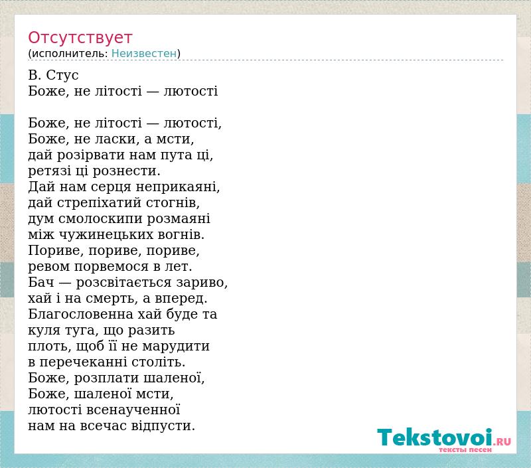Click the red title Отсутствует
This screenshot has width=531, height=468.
point(80,37)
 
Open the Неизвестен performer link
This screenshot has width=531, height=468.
point(144,54)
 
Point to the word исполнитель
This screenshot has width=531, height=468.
point(70,54)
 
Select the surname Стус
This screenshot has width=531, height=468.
point(62,75)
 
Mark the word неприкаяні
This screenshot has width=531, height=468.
point(178,187)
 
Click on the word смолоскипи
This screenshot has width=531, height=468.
point(101,219)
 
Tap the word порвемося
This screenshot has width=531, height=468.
point(111,266)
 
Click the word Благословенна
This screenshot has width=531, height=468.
point(80,314)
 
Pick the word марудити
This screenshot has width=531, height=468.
point(176,346)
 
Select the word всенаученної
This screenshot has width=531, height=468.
point(133,410)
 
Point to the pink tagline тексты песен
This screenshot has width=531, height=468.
point(465,449)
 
